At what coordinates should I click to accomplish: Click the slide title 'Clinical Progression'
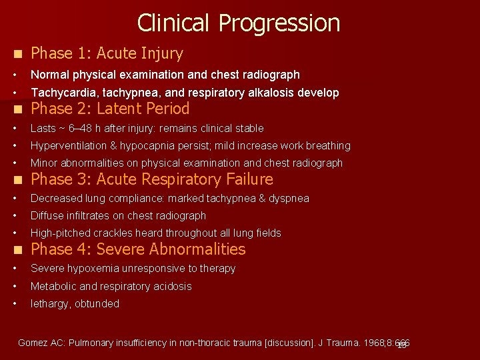239,23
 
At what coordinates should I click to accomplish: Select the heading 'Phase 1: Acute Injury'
107,53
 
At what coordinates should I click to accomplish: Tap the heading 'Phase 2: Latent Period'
110,109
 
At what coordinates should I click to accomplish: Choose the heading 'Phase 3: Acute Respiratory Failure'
152,179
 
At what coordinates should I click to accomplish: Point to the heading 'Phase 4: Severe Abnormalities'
138,249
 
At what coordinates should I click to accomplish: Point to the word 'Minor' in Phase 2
45,163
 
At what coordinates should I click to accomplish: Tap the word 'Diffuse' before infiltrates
48,215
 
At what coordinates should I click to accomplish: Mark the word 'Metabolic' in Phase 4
54,286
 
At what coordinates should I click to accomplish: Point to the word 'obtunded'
97,303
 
